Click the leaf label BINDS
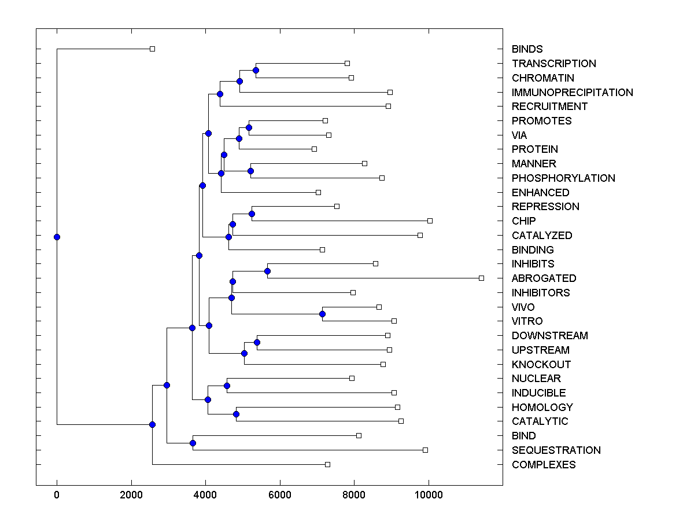[527, 49]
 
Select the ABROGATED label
[544, 278]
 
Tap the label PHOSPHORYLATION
[563, 178]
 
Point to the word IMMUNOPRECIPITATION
[572, 93]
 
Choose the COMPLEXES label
[544, 465]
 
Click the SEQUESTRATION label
[556, 450]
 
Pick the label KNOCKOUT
[541, 365]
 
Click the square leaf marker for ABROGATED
[481, 278]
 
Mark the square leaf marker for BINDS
[152, 49]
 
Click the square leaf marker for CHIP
[430, 221]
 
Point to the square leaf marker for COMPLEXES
[327, 465]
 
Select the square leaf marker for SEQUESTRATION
[425, 450]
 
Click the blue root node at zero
[57, 237]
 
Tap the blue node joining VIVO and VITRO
[322, 314]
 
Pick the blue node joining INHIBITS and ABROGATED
[267, 271]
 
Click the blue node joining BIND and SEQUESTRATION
[193, 443]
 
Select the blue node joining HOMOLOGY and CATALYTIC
[236, 414]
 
